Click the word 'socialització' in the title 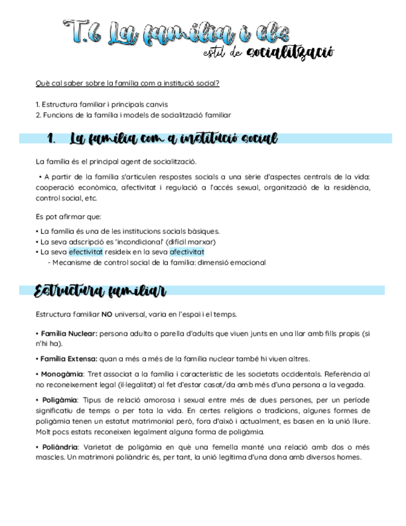click(x=290, y=53)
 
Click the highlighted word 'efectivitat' click(x=86, y=252)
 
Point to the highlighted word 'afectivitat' click(x=187, y=252)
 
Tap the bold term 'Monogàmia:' click(x=63, y=374)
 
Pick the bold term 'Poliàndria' click(x=60, y=447)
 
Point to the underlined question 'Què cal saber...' click(x=127, y=82)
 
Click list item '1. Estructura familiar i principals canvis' click(x=102, y=104)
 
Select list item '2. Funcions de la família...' click(x=133, y=115)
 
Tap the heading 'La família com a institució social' click(x=174, y=138)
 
